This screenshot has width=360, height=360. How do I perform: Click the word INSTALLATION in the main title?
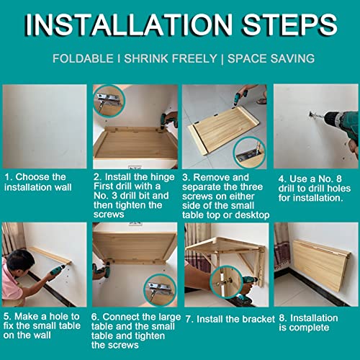(129, 24)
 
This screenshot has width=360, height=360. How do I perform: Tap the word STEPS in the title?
(290, 24)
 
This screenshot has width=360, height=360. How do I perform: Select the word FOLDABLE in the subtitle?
(83, 59)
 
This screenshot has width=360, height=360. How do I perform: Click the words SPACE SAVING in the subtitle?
(271, 59)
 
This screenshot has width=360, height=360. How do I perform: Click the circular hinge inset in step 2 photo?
(109, 101)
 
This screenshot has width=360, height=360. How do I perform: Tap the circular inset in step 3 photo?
(249, 152)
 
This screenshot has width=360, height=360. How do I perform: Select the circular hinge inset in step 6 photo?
(160, 289)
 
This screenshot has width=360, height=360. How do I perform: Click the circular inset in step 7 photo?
(225, 282)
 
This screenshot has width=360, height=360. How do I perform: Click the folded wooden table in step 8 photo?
(322, 265)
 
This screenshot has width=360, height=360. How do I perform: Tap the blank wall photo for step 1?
(45, 126)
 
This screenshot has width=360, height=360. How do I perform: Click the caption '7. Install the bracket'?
(230, 319)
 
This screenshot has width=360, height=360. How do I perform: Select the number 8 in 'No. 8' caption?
(338, 179)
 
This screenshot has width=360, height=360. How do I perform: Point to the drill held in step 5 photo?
(58, 271)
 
